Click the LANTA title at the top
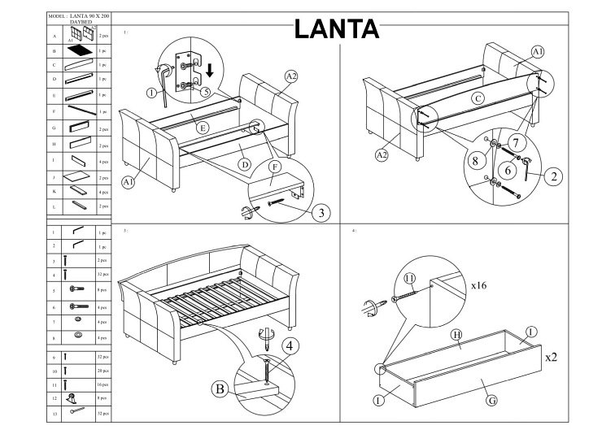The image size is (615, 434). point(336,28)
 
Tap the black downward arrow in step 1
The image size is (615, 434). point(210,70)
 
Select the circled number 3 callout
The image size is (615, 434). point(321,213)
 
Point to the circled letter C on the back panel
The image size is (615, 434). point(478,98)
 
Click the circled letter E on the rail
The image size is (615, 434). point(203,128)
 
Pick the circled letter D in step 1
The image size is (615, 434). point(245,164)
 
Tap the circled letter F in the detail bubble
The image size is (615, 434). point(275,167)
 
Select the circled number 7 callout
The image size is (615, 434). point(516,142)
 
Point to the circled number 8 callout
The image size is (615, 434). point(476,160)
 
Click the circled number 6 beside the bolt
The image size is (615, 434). point(508,170)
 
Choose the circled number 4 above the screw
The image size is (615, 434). point(290,346)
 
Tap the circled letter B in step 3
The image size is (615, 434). point(220,388)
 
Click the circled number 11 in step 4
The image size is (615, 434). point(409,279)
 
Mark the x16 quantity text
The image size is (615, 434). point(478,285)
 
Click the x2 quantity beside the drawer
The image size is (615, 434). point(551,357)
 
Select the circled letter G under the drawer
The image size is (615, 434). point(491,400)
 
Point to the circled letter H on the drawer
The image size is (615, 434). point(457,335)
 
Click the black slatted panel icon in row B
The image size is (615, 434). point(80,50)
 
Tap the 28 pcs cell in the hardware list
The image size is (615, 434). point(103,371)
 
